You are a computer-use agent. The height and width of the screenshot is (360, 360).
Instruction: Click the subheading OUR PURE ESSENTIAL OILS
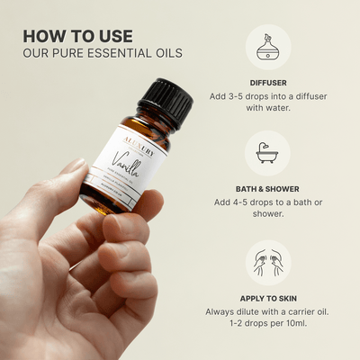point(103,53)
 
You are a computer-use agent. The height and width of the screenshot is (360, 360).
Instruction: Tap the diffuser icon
point(266,47)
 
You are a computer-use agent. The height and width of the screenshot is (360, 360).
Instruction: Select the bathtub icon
point(266,153)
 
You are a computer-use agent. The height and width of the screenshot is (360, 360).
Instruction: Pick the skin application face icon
point(266,263)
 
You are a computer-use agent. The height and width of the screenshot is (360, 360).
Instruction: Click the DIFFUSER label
point(266,82)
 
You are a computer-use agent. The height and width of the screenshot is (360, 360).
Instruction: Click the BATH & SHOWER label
point(266,189)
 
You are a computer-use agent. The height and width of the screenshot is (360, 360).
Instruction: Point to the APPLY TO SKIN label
point(266,298)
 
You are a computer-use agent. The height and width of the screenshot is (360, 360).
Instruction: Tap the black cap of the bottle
point(165,100)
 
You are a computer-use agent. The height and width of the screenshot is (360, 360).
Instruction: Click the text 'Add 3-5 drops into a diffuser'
point(266,96)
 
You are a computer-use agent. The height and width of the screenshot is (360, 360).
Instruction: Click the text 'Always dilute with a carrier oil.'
point(266,312)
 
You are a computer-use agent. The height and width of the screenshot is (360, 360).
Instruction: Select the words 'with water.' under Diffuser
point(266,111)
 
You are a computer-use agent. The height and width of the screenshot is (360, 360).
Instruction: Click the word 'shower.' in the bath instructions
point(266,218)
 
